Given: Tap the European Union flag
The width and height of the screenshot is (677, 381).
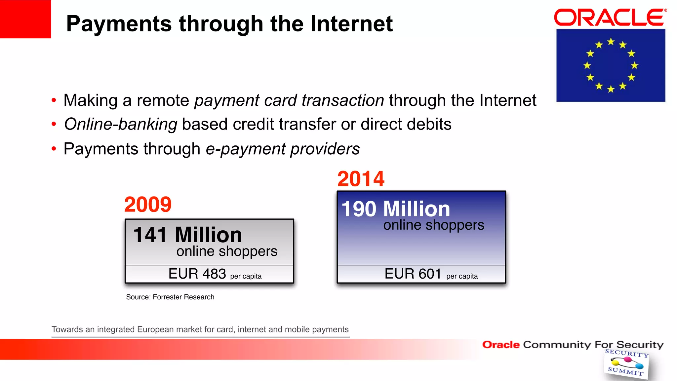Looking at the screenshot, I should point(611,65).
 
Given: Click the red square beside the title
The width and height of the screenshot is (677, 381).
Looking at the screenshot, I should point(25,19).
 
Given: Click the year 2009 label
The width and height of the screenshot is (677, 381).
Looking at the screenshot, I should point(148,205).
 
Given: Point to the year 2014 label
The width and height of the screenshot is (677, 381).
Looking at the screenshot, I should point(361,179).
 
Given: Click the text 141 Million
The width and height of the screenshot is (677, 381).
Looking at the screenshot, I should point(187,235).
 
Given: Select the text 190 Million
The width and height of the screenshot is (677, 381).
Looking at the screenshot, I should point(396,209).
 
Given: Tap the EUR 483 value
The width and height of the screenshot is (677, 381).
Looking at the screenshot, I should point(197,274).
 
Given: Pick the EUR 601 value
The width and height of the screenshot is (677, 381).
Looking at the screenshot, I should point(413,274).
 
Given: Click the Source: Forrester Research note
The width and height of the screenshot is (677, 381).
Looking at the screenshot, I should point(170,297).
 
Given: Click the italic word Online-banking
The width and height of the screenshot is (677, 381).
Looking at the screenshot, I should point(121,125).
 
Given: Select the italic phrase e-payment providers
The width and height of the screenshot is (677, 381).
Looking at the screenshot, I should point(283,149).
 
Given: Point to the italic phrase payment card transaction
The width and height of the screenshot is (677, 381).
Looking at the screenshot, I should point(289,100).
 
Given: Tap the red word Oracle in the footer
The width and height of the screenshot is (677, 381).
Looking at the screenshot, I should point(501,345).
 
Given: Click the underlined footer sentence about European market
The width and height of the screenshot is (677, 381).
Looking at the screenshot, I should point(200,329).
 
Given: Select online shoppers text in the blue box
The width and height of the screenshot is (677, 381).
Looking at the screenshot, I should point(433,225).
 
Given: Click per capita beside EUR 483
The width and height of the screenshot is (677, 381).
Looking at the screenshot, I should point(246,276).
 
